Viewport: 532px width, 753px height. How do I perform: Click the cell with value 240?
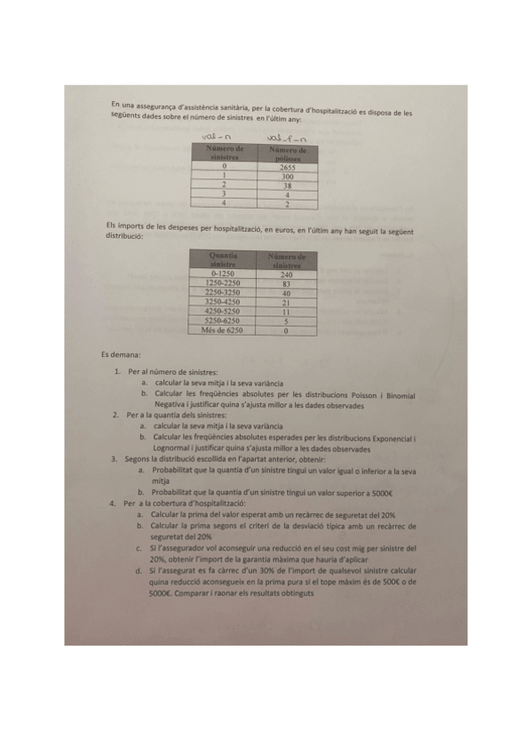click(286, 274)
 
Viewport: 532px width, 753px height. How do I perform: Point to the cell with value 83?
click(286, 283)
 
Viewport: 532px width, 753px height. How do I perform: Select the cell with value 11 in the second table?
click(286, 312)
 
